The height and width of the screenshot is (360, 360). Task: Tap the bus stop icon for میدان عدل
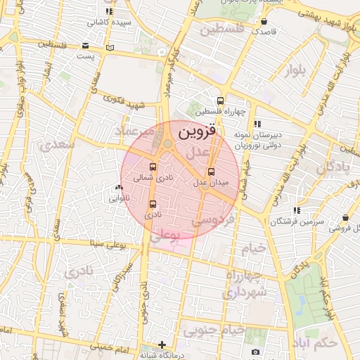coord(212,172)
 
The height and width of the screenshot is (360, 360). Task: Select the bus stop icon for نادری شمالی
coord(153,167)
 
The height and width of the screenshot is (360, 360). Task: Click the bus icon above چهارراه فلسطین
coord(221,101)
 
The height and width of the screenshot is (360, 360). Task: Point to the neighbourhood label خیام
coord(257,247)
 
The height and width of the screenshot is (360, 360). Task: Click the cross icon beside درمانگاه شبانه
coord(162,345)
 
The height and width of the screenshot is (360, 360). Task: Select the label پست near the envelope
coord(85,56)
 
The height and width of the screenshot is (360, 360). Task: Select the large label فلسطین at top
coord(221,29)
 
